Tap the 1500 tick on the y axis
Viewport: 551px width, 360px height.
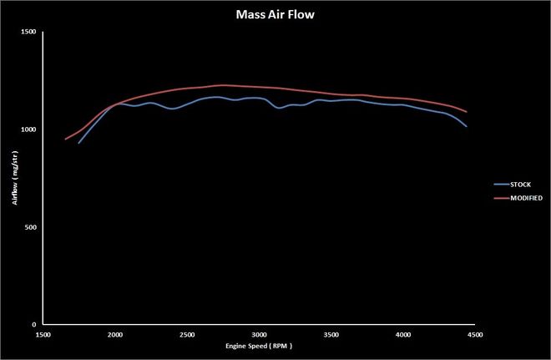tap(28, 32)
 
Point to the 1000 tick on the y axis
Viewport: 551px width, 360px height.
tap(28, 129)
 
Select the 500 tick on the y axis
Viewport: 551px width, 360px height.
tap(31, 227)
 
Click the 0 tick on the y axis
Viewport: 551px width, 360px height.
tap(34, 325)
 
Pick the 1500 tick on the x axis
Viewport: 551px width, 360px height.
tap(43, 334)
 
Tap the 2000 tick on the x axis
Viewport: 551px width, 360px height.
tap(115, 334)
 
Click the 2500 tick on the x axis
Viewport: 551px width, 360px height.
tap(187, 334)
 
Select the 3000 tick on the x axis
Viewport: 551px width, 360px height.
tap(259, 334)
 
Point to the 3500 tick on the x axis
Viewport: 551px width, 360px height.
tap(331, 334)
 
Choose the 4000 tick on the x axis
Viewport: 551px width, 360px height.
tap(402, 334)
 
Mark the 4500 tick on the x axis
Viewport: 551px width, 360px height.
tap(474, 334)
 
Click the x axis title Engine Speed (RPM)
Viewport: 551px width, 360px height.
tap(259, 346)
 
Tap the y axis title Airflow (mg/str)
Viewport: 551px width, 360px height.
tap(14, 178)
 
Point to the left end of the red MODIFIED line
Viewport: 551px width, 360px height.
tap(65, 139)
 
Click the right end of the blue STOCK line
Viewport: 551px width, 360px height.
tap(467, 126)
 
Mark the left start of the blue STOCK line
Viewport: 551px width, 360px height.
tap(78, 143)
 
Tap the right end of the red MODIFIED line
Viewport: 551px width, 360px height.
tap(467, 112)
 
